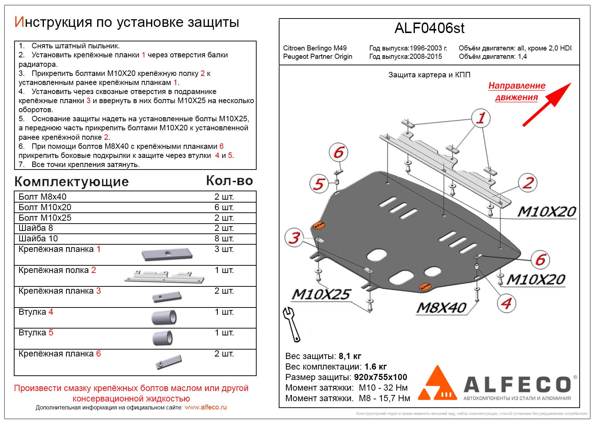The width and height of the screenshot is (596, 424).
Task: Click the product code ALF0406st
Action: pyautogui.click(x=429, y=29)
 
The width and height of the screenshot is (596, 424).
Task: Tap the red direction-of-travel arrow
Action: pyautogui.click(x=546, y=105)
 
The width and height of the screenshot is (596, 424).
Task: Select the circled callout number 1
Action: pyautogui.click(x=481, y=118)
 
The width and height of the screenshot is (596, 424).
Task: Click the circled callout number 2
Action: pyautogui.click(x=527, y=183)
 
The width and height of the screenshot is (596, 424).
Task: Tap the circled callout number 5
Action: pyautogui.click(x=319, y=184)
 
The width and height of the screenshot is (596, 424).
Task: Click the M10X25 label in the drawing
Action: pyautogui.click(x=321, y=294)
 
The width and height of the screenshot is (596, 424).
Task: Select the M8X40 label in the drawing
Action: pyautogui.click(x=441, y=308)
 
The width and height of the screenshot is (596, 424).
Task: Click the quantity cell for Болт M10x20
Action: pyautogui.click(x=224, y=207)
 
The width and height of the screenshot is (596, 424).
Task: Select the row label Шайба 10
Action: pyautogui.click(x=38, y=238)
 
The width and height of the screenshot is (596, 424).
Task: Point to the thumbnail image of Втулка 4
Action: pyautogui.click(x=164, y=317)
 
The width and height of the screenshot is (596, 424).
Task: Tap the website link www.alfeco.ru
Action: pyautogui.click(x=205, y=407)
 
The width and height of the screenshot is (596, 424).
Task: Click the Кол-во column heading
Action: pyautogui.click(x=229, y=181)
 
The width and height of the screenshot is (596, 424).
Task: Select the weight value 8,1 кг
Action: pyautogui.click(x=350, y=356)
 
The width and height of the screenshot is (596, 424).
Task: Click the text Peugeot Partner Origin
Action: pyautogui.click(x=318, y=57)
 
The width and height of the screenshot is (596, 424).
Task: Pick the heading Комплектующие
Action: pyautogui.click(x=72, y=182)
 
